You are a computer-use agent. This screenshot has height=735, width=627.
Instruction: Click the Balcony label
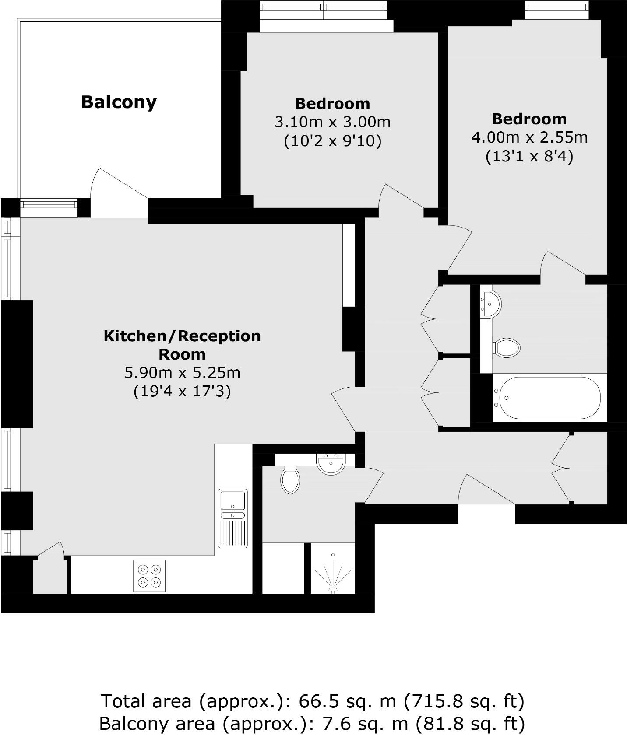[x=119, y=102]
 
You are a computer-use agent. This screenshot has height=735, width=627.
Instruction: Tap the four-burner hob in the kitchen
[x=149, y=576]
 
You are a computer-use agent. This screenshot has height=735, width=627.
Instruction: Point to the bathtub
[x=550, y=398]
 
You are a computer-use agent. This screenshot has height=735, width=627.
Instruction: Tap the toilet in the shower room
[x=290, y=480]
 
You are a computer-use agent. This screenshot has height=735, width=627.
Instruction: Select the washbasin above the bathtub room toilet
[x=491, y=302]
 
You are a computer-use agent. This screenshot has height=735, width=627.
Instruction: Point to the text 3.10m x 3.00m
[x=332, y=122]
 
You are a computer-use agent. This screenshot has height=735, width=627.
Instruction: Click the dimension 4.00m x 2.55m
[x=529, y=138]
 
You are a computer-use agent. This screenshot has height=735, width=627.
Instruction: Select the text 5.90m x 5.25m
[x=182, y=373]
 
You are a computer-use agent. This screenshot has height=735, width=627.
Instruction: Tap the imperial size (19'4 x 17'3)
[x=182, y=391]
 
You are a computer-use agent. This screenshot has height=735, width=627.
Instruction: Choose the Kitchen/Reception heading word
[x=182, y=336]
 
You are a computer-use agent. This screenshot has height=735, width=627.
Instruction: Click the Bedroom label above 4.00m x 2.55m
[x=529, y=119]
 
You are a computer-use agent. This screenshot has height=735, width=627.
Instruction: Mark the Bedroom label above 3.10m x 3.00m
[x=332, y=104]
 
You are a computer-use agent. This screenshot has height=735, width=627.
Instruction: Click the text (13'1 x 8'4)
[x=529, y=157]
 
